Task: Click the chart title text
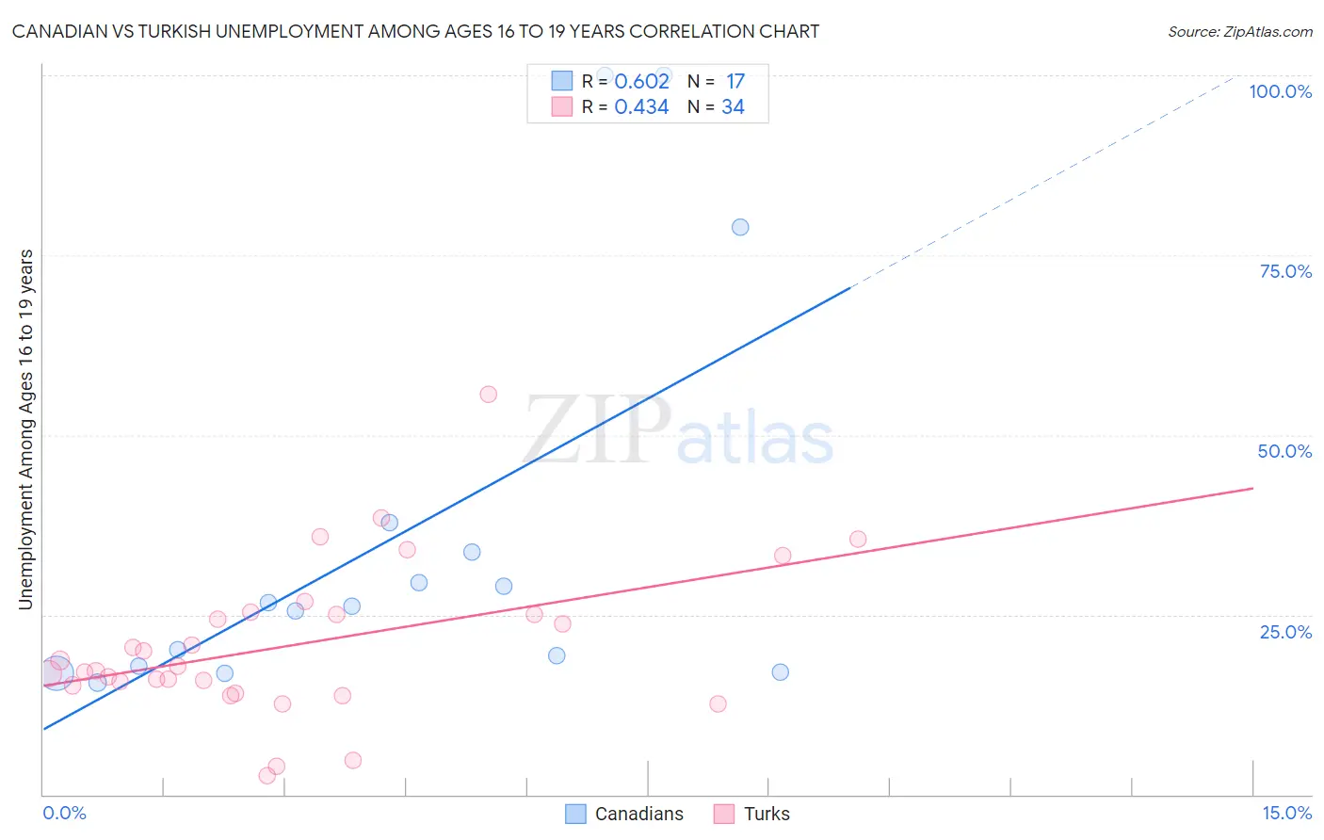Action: (x=415, y=31)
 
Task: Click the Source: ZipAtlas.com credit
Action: (x=1239, y=31)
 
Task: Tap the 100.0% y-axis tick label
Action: (x=1280, y=91)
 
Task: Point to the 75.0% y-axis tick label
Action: (x=1285, y=271)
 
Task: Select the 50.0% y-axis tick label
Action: (x=1284, y=451)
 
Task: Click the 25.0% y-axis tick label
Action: (x=1285, y=631)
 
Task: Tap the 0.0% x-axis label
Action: (x=64, y=813)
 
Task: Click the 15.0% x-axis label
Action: (x=1286, y=813)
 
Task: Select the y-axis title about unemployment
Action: (x=25, y=429)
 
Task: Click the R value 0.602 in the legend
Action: (x=641, y=82)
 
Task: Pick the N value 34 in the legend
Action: (x=733, y=107)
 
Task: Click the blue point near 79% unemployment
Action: (x=740, y=227)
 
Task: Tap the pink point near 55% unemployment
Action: (x=488, y=395)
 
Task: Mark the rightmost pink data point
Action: (x=858, y=540)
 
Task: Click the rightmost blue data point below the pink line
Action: (x=780, y=672)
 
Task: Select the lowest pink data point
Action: (x=267, y=776)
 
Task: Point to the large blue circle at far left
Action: (x=56, y=673)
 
